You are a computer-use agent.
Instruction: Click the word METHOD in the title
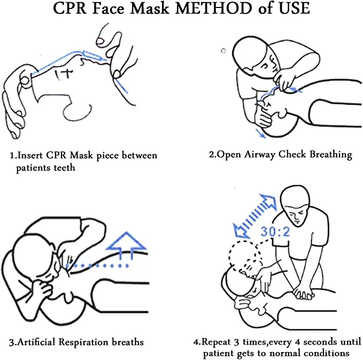tap(214, 9)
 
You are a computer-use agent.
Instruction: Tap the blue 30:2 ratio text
tap(275, 231)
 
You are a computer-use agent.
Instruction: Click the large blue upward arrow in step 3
tap(126, 245)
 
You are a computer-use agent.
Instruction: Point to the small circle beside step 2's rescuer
tap(223, 51)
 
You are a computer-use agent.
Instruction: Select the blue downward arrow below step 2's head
tap(261, 134)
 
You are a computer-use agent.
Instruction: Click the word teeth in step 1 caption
tap(64, 167)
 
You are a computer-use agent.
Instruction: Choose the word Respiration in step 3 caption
tap(83, 342)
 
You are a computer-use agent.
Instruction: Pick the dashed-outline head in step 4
tap(244, 255)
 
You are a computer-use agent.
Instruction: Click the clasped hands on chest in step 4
tap(303, 294)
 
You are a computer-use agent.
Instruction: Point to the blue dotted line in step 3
tap(97, 266)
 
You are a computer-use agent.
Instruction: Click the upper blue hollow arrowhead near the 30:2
tap(268, 201)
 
